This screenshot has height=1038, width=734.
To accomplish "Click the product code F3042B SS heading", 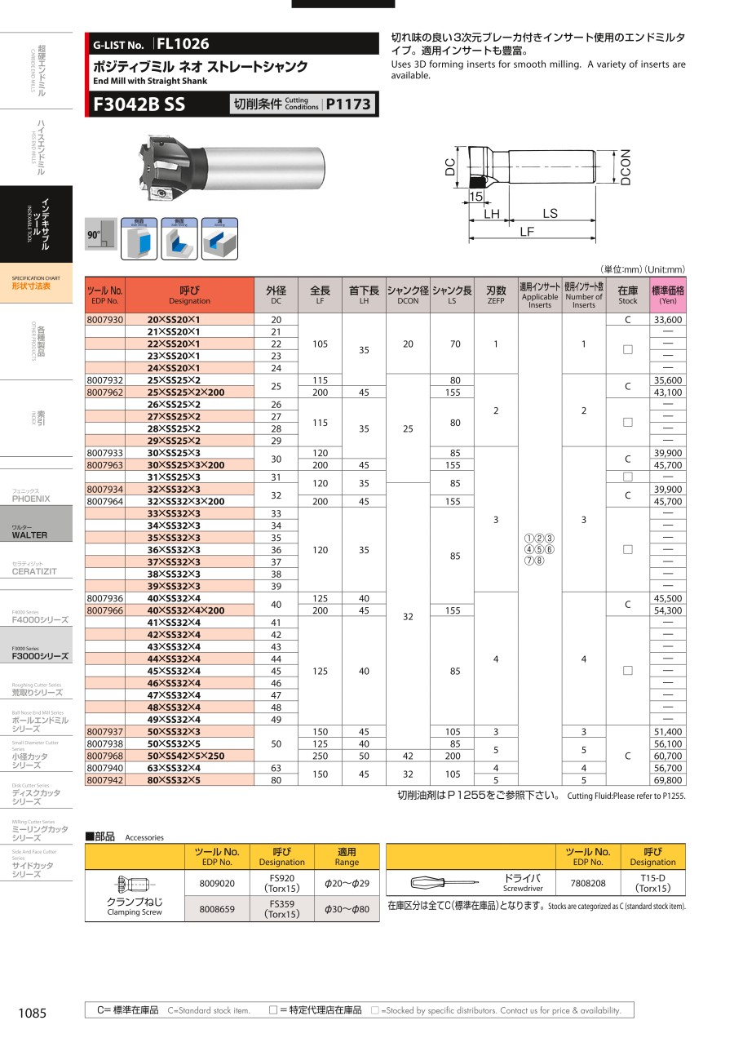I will pyautogui.click(x=139, y=104).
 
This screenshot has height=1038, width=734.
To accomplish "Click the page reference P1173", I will pyautogui.click(x=348, y=104).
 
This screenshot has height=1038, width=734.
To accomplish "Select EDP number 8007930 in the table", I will pyautogui.click(x=104, y=320).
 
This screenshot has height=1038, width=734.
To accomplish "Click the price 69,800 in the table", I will pyautogui.click(x=667, y=780).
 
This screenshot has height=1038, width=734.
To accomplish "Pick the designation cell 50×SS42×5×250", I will pyautogui.click(x=174, y=756).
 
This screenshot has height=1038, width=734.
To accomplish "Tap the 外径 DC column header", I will pyautogui.click(x=276, y=295).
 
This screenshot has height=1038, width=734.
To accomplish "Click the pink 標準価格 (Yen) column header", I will pyautogui.click(x=667, y=295).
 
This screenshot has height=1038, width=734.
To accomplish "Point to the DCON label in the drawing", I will pyautogui.click(x=625, y=167).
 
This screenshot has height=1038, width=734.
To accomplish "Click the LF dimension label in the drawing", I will pyautogui.click(x=527, y=232).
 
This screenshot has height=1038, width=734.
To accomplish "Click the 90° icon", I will pyautogui.click(x=95, y=234).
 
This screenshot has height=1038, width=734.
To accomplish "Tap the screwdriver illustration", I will pyautogui.click(x=444, y=882).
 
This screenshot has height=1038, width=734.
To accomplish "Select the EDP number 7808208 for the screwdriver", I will pyautogui.click(x=588, y=883).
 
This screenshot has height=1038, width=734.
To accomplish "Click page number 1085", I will pyautogui.click(x=33, y=1013).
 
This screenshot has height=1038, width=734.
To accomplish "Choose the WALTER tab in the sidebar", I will pyautogui.click(x=30, y=535).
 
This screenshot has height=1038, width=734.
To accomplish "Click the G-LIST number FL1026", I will pyautogui.click(x=183, y=44).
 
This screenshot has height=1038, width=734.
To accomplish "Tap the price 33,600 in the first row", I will pyautogui.click(x=667, y=320).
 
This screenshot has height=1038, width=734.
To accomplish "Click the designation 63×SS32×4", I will pyautogui.click(x=174, y=768).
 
